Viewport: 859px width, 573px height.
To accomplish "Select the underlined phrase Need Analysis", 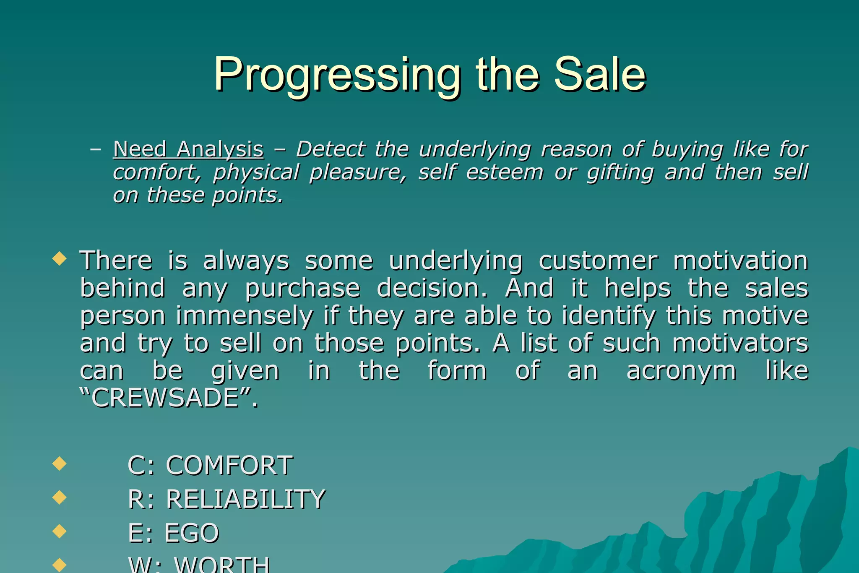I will point(188,150).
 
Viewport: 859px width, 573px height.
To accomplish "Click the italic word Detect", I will point(331,150).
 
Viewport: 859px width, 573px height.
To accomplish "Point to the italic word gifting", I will point(620,173).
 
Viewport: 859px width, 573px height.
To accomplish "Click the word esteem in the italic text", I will point(505,173).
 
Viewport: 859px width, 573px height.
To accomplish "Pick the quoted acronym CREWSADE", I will point(165,398).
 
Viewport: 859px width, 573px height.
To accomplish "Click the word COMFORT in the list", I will point(229,466).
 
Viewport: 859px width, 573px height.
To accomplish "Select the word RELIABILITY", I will point(245,499).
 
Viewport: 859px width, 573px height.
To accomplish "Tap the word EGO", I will point(192,533).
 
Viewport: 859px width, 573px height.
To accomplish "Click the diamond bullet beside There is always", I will point(60,258).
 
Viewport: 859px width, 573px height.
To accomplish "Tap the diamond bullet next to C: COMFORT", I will point(60,464).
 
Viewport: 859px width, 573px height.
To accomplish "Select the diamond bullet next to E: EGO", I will point(60,531).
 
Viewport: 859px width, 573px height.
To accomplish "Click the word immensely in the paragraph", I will point(244,316).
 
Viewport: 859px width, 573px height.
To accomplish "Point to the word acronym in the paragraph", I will point(681,371).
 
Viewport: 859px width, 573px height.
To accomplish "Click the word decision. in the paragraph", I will point(432,288).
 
